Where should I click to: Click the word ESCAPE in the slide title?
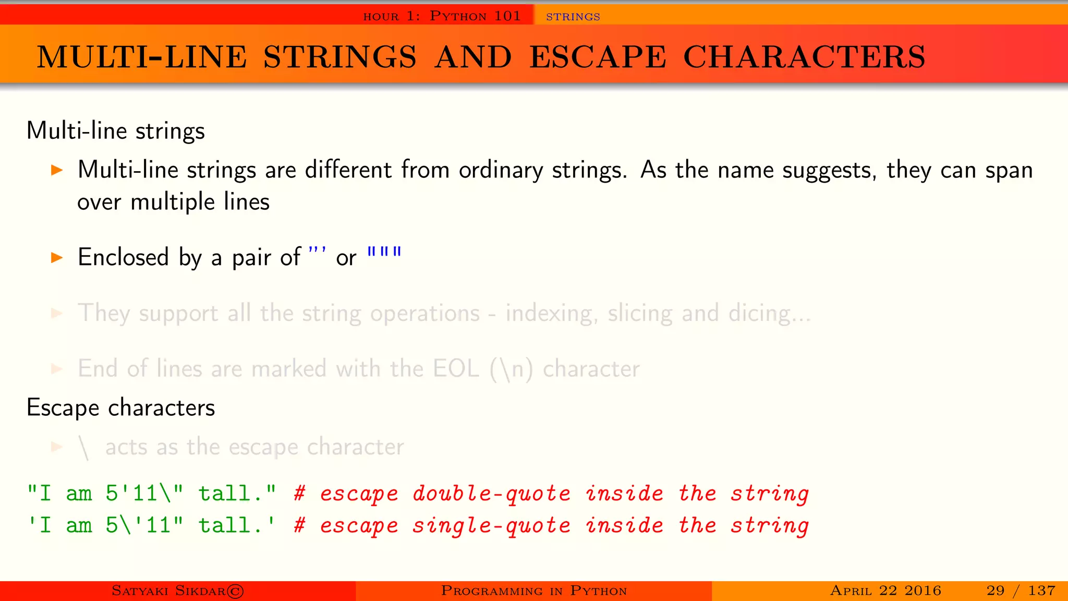pyautogui.click(x=598, y=57)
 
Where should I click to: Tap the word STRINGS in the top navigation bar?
pyautogui.click(x=573, y=17)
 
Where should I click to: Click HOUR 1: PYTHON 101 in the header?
pyautogui.click(x=442, y=16)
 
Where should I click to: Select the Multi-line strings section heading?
pyautogui.click(x=115, y=130)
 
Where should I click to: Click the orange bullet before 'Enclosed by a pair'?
pyautogui.click(x=57, y=257)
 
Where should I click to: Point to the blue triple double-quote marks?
pyautogui.click(x=384, y=253)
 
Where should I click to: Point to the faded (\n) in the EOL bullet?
pyautogui.click(x=512, y=369)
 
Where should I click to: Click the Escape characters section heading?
pyautogui.click(x=120, y=407)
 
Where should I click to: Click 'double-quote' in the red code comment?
pyautogui.click(x=491, y=494)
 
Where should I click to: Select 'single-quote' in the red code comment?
pyautogui.click(x=491, y=525)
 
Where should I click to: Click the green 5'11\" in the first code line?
pyautogui.click(x=144, y=494)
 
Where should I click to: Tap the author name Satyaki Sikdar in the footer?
pyautogui.click(x=168, y=591)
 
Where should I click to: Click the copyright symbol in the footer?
pyautogui.click(x=235, y=591)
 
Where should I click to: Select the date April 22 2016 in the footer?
pyautogui.click(x=885, y=591)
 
